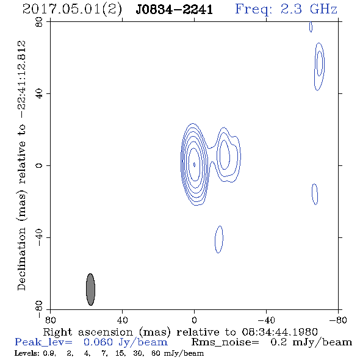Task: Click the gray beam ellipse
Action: click(90, 289)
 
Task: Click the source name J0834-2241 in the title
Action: click(175, 9)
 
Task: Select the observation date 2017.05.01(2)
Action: click(72, 10)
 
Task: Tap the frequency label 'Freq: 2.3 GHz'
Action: click(286, 9)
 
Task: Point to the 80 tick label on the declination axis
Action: click(39, 22)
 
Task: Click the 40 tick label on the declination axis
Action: click(39, 94)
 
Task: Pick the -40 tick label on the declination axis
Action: click(39, 237)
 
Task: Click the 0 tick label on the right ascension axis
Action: click(194, 320)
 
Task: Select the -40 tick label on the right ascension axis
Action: click(266, 320)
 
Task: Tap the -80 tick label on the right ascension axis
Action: click(338, 320)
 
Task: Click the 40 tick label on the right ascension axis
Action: click(122, 320)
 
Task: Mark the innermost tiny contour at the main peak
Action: click(195, 165)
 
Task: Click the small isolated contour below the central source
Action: click(219, 239)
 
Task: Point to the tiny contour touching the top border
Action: click(311, 27)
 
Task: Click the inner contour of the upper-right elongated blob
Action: click(319, 63)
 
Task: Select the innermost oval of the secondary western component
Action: click(225, 154)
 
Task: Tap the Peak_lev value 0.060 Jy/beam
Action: click(126, 342)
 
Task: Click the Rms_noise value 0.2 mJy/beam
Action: click(311, 342)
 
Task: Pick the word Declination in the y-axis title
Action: click(21, 259)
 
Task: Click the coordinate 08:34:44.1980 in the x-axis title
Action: click(279, 332)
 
